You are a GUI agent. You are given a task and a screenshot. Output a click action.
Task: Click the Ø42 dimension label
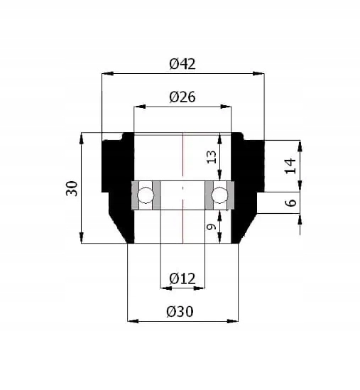(182, 64)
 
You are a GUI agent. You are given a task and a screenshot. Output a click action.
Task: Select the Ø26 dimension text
(182, 98)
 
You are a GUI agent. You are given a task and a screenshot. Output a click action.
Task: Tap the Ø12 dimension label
(182, 279)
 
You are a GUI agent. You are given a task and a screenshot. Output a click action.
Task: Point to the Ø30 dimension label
(182, 312)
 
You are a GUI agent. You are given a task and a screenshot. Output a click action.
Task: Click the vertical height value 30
(72, 188)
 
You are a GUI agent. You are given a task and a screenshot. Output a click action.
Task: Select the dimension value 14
(289, 166)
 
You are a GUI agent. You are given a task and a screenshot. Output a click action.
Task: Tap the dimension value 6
(289, 202)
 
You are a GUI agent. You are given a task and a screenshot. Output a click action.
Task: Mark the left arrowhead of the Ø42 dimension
(107, 72)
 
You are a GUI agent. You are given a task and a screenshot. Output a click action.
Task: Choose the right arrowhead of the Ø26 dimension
(227, 107)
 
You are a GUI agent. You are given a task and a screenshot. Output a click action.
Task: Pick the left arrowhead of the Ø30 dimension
(131, 321)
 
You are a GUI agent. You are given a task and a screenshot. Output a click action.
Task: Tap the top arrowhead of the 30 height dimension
(82, 136)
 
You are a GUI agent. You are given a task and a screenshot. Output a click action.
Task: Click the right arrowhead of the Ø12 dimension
(201, 288)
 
